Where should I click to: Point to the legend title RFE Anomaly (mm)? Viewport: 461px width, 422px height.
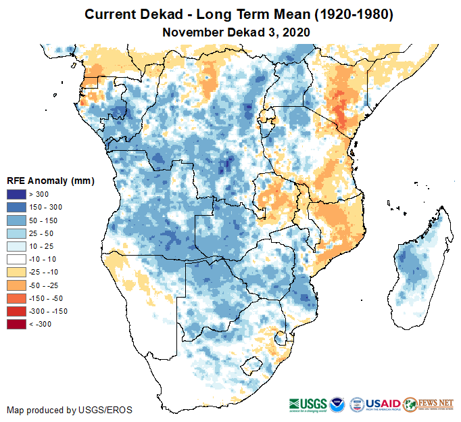point(50,181)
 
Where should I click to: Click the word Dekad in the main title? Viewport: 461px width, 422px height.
point(149,14)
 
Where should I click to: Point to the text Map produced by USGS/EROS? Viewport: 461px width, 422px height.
point(70,410)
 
